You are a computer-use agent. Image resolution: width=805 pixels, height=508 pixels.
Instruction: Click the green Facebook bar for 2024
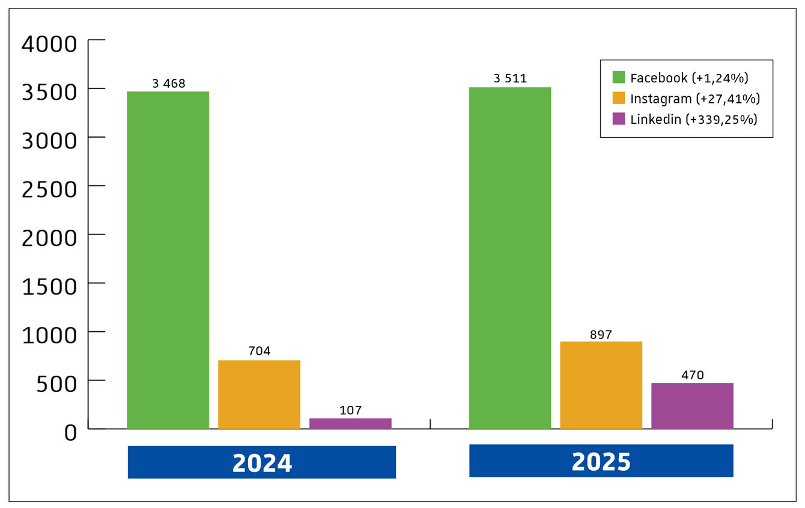coord(168,260)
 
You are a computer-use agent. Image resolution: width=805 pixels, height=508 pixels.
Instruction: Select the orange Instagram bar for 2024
coord(259,394)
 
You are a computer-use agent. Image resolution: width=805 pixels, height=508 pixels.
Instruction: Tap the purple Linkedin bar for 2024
coord(350,423)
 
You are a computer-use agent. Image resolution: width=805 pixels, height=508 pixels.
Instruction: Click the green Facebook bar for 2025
coord(509,258)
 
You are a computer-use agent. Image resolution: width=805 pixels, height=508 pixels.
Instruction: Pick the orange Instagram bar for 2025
coord(601,385)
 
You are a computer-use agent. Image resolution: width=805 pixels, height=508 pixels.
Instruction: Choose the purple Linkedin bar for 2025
coord(692,406)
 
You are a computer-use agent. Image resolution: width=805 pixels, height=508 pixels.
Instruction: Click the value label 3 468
coord(169,84)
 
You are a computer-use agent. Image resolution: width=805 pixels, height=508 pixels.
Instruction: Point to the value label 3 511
coord(510,79)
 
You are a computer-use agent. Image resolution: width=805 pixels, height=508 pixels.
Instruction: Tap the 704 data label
coord(259,352)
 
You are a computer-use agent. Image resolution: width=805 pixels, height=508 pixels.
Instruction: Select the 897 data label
coord(601,335)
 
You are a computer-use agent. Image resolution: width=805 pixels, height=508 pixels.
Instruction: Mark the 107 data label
coord(350,411)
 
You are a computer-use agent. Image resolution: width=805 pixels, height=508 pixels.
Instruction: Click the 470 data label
coord(692,376)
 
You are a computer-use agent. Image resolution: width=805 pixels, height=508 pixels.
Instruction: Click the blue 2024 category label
coord(262,462)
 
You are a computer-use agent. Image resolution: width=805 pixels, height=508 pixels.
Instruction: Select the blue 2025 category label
coord(601,461)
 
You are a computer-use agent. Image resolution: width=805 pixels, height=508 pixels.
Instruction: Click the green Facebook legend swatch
coord(619,78)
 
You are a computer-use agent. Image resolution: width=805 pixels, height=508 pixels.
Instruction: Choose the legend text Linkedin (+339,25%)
coord(693,119)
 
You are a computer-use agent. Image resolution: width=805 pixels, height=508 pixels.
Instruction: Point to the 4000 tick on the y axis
coord(49,44)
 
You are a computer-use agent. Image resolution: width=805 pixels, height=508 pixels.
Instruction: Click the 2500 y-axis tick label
coord(49,189)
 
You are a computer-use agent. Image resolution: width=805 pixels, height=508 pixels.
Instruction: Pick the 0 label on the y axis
coord(70,432)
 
